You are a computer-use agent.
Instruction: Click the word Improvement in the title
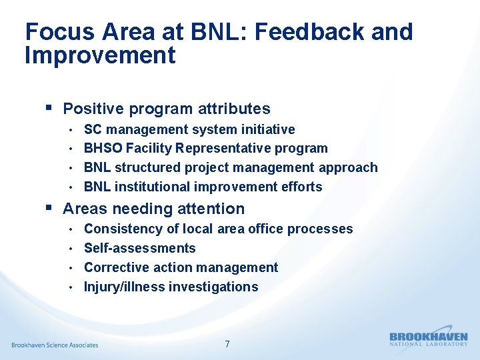(x=100, y=55)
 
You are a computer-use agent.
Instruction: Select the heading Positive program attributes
(x=166, y=109)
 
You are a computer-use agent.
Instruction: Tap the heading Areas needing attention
(x=153, y=209)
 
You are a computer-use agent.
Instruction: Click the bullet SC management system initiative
(x=189, y=129)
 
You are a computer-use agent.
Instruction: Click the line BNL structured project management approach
(x=231, y=167)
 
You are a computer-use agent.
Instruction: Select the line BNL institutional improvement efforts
(x=203, y=187)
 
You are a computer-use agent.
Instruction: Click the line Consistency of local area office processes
(x=218, y=229)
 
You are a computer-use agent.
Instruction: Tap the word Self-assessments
(x=139, y=248)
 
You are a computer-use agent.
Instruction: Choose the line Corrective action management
(x=181, y=267)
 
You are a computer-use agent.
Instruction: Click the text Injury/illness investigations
(x=171, y=287)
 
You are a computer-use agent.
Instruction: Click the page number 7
(x=227, y=344)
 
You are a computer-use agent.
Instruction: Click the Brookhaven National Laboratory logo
(x=428, y=339)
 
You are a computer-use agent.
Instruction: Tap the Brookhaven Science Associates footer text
(x=55, y=345)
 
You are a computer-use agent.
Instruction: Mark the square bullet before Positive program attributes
(x=48, y=107)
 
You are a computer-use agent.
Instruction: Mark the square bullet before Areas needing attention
(x=48, y=207)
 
